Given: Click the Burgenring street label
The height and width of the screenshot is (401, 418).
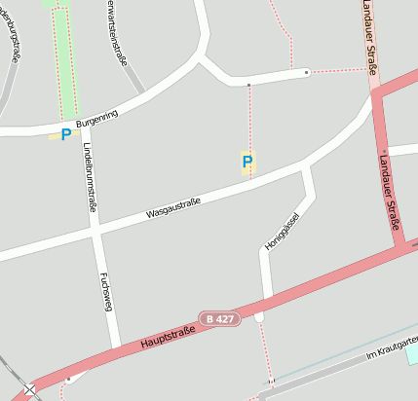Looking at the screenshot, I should [96, 121].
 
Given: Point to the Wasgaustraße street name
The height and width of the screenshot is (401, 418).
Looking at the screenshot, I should [172, 207].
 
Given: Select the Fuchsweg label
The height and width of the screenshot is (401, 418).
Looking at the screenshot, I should [104, 292].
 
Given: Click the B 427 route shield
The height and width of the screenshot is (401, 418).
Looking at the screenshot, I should [217, 318].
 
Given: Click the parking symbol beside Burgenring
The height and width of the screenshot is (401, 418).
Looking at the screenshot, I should [65, 135].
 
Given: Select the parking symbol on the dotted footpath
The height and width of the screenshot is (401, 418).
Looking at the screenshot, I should [247, 162].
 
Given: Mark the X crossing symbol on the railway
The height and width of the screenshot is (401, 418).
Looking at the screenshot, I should [31, 390].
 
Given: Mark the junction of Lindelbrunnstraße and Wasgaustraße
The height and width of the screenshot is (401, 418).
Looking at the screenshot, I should [95, 230].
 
